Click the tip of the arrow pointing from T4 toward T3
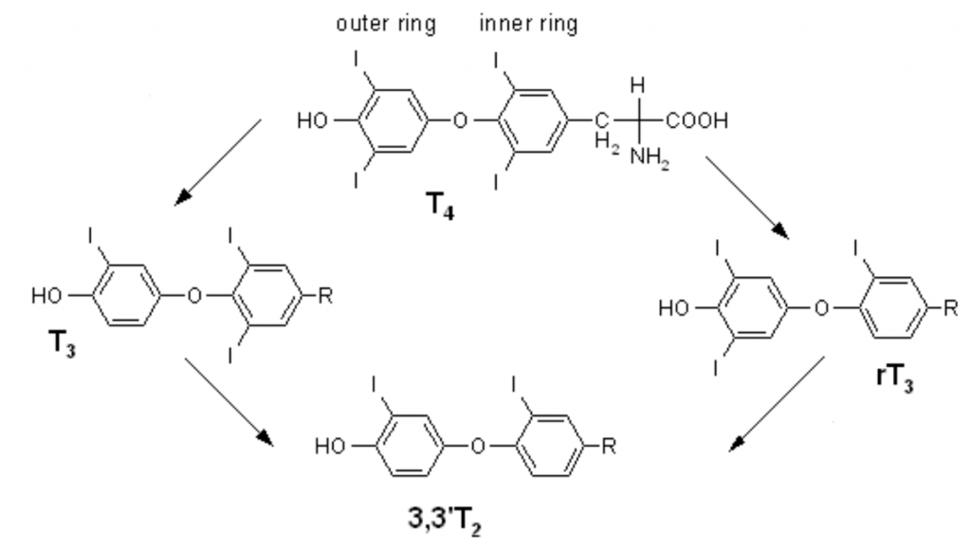coord(175,205)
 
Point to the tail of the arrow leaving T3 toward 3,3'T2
coord(185,359)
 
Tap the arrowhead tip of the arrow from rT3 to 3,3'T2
coord(729,451)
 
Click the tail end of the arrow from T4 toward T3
coord(262,120)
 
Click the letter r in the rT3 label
coord(881,377)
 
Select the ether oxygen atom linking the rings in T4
coord(460,120)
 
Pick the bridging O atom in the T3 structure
coord(194,296)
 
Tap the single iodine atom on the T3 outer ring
coord(90,236)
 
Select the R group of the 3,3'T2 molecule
coord(609,446)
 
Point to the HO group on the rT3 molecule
coord(674,308)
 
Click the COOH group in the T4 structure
coord(697,120)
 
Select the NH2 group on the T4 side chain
coord(650,157)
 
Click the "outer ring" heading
coord(386,24)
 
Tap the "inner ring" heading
coord(528,24)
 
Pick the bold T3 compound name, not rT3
coord(63,342)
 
